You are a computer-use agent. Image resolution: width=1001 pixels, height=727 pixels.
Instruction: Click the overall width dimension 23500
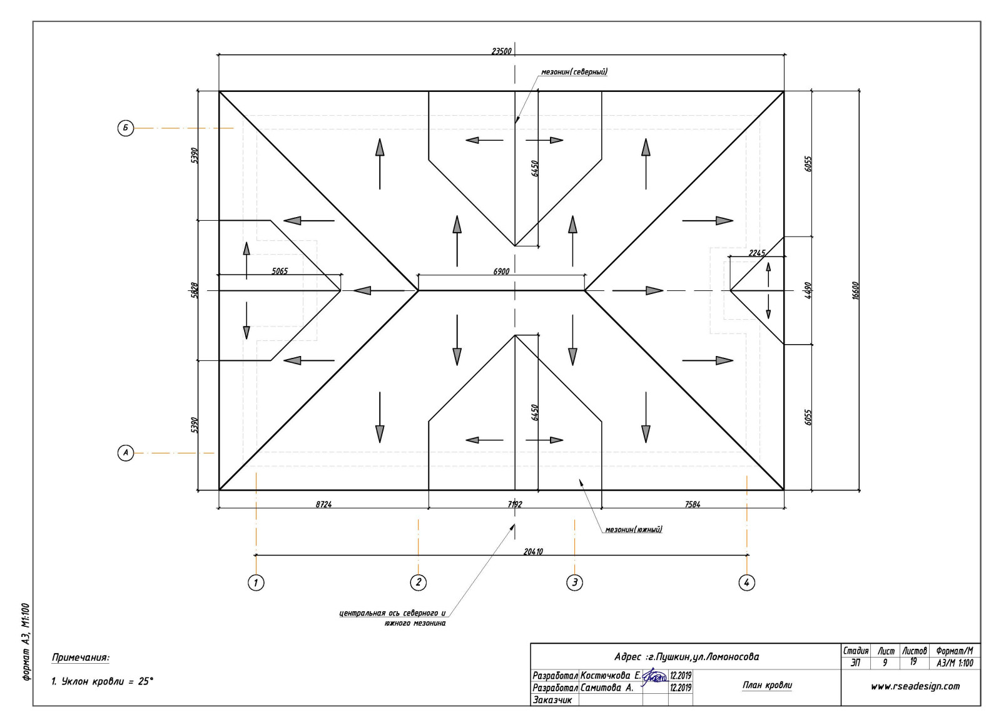pos(501,51)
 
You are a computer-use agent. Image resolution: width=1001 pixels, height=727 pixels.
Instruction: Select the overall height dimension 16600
pos(856,290)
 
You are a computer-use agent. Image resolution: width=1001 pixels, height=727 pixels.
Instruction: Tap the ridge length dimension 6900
pos(501,272)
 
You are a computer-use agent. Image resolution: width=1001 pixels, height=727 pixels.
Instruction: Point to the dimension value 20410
pos(533,552)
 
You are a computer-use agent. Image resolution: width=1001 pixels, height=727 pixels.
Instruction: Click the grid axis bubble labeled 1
pos(255,582)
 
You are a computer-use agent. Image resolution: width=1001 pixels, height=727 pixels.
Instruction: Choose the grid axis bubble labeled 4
pos(746,582)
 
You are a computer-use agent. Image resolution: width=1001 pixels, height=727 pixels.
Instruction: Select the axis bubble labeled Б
pos(126,128)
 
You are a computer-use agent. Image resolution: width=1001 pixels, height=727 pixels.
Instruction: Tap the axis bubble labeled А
pos(126,452)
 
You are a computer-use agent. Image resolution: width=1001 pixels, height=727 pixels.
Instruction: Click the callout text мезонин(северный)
pos(574,72)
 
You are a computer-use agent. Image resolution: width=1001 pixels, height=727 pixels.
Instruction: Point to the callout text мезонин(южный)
pos(633,530)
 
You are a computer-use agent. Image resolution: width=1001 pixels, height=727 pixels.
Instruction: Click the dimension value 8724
pos(323,504)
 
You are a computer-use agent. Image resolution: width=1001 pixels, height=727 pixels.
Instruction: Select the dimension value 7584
pos(692,504)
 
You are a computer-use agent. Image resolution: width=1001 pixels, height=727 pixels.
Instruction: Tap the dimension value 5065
pos(280,271)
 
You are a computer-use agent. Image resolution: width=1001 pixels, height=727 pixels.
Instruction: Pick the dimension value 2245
pos(756,253)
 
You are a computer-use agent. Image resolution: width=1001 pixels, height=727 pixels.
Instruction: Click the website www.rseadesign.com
pos(915,686)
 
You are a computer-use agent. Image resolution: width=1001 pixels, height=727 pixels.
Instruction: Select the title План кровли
pos(767,685)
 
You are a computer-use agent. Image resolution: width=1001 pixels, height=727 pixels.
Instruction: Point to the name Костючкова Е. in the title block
pos(610,676)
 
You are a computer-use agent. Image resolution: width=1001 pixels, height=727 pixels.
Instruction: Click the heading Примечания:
pos(80,658)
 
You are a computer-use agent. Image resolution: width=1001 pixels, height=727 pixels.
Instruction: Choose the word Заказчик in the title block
pos(552,700)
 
